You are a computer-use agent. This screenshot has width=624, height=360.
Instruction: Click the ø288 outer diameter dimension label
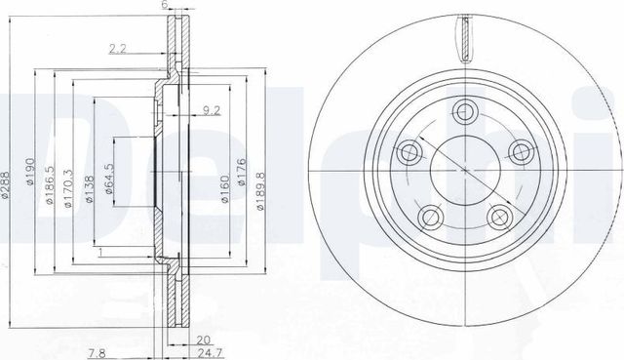4,184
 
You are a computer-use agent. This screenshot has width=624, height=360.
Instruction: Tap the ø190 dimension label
30,172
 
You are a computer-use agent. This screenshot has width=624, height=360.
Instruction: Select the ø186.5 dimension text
49,184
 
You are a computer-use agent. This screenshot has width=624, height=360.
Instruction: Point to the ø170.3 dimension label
68,188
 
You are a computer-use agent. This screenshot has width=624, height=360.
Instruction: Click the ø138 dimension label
89,189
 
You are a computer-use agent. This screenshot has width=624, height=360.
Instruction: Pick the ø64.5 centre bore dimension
109,179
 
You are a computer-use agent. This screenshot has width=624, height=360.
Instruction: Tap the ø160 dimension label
225,189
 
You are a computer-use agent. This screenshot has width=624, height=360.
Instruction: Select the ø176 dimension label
241,172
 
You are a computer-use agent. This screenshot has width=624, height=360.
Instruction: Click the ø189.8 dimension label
260,191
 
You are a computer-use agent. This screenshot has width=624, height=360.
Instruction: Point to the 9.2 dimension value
212,110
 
